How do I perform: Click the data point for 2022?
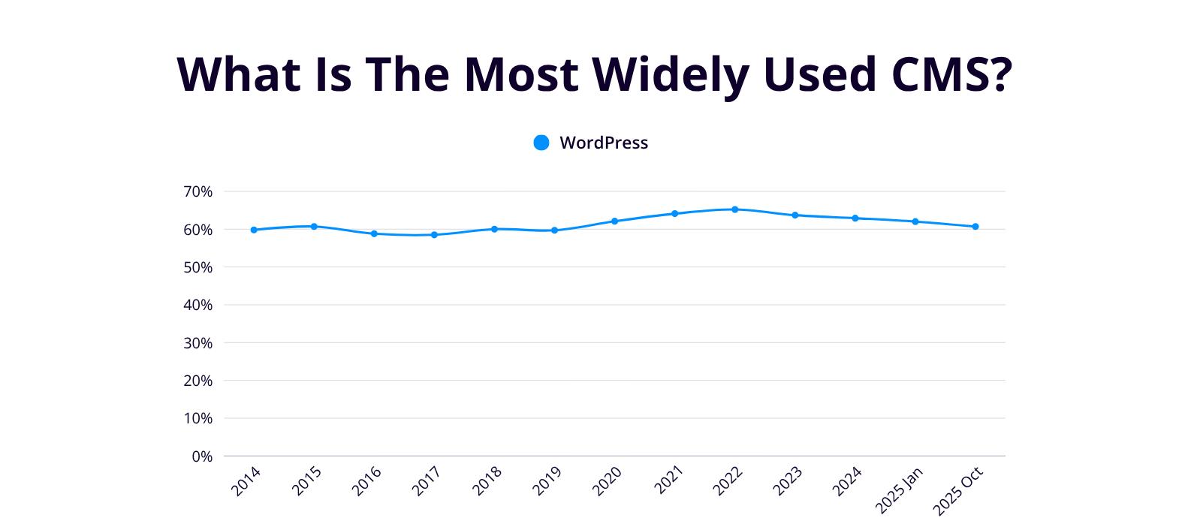click(x=734, y=209)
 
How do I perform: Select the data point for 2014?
click(x=254, y=230)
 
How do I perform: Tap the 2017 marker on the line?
click(x=434, y=235)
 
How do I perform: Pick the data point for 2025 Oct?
click(x=975, y=226)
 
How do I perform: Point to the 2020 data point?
click(x=614, y=221)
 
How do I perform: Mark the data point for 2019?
click(x=554, y=230)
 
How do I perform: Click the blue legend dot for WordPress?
click(x=541, y=143)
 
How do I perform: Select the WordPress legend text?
click(x=604, y=143)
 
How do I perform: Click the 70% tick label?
click(x=197, y=192)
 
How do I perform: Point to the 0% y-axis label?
click(x=202, y=456)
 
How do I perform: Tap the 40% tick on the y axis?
click(x=197, y=306)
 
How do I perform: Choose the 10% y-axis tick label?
click(x=197, y=419)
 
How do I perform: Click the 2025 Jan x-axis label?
click(x=898, y=490)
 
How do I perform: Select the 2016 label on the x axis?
click(x=366, y=481)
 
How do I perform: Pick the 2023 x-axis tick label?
click(x=787, y=481)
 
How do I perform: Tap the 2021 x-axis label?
click(x=667, y=481)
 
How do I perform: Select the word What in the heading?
click(x=239, y=74)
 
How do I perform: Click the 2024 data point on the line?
click(x=855, y=218)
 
